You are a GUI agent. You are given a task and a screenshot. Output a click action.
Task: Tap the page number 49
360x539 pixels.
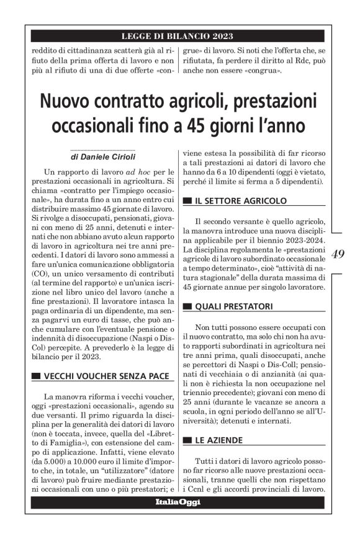(339, 254)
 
